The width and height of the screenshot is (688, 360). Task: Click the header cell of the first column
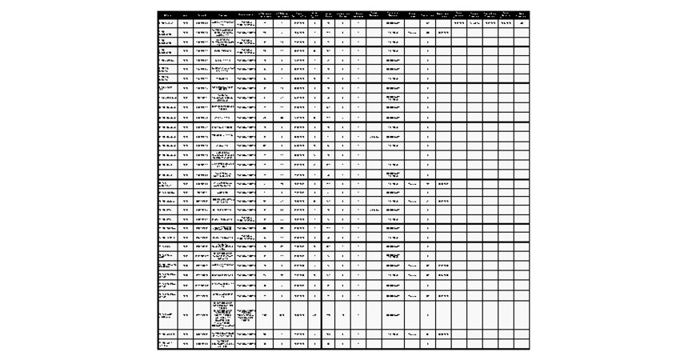click(167, 14)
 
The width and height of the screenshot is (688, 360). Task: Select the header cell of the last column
click(522, 14)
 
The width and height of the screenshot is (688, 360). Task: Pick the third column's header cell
click(203, 14)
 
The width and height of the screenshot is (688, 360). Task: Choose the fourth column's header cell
click(223, 14)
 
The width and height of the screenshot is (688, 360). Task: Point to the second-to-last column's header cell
click(506, 14)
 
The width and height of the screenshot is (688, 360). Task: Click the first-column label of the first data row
click(167, 23)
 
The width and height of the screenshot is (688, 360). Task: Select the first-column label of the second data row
click(167, 34)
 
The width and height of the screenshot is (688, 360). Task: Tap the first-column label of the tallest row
click(167, 314)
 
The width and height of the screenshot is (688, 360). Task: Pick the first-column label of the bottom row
click(167, 344)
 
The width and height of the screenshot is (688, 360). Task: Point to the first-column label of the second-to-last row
click(167, 334)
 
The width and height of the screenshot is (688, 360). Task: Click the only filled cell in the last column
click(522, 23)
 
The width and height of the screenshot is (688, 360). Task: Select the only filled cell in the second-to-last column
click(506, 23)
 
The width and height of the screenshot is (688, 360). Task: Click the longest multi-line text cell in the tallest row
click(223, 314)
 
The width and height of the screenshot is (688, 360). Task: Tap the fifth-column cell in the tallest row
click(246, 314)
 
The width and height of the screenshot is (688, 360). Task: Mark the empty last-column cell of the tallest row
click(522, 314)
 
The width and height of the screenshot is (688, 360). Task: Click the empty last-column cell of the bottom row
click(522, 344)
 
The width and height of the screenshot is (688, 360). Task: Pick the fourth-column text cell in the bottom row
click(223, 344)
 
